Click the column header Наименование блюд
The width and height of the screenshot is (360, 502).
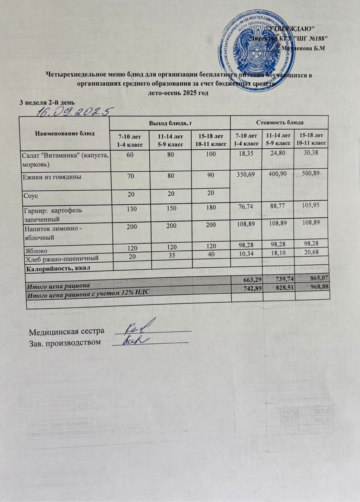[x=65, y=133]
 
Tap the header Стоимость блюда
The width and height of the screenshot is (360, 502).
[x=279, y=122]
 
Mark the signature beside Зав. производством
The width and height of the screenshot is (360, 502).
[x=135, y=340]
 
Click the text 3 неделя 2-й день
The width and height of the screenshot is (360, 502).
[x=47, y=102]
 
